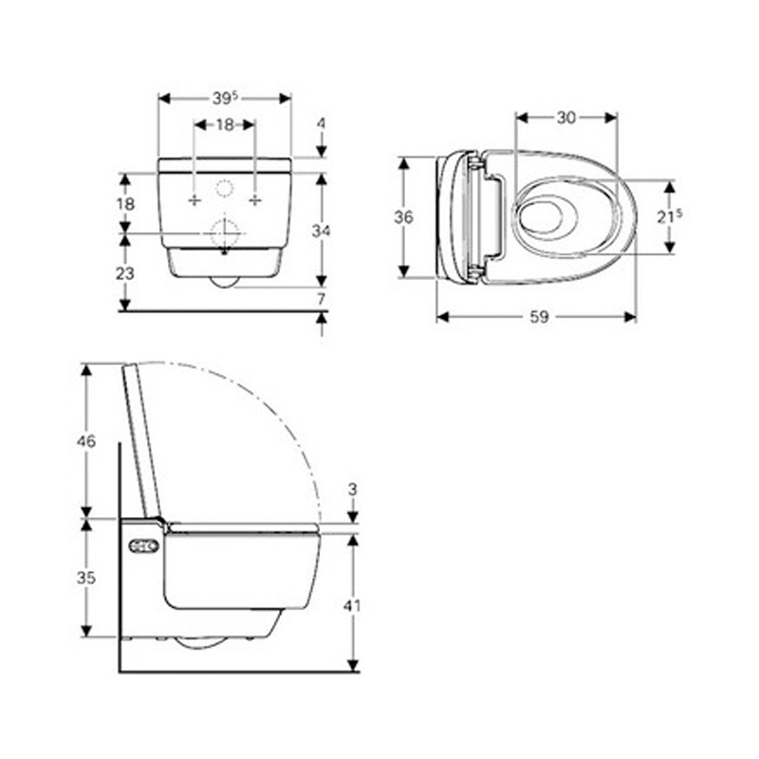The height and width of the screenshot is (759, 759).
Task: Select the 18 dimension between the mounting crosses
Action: (x=224, y=124)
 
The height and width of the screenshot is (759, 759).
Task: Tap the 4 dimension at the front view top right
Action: (x=322, y=123)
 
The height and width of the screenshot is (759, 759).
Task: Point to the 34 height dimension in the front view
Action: (x=322, y=230)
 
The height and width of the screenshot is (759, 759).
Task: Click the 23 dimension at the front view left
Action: (x=124, y=272)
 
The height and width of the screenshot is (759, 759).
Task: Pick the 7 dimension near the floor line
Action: (x=322, y=299)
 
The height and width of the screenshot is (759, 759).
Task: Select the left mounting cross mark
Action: (x=194, y=200)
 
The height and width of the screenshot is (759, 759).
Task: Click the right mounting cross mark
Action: (x=254, y=200)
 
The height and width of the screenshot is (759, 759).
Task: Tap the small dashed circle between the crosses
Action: (x=224, y=188)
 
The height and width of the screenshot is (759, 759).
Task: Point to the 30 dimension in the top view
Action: (x=566, y=117)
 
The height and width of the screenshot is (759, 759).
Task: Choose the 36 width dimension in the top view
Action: (x=403, y=217)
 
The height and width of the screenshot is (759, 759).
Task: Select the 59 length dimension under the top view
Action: (x=538, y=318)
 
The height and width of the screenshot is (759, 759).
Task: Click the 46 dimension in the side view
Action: (x=86, y=441)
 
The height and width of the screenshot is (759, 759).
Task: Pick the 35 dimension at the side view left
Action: (x=86, y=577)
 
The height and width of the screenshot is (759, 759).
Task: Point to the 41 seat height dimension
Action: (x=353, y=603)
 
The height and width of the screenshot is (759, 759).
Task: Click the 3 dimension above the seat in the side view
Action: (x=353, y=490)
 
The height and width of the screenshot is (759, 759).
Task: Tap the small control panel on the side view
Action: (x=143, y=546)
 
